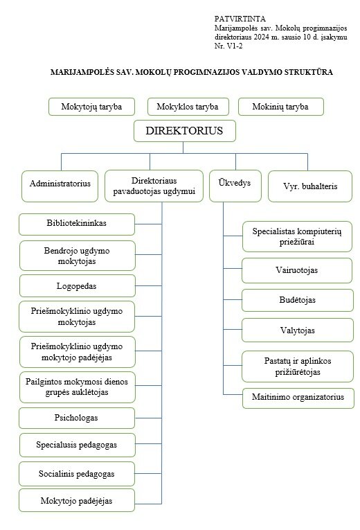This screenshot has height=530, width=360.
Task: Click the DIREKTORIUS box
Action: (x=184, y=131)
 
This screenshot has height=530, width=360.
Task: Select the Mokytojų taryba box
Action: (x=91, y=107)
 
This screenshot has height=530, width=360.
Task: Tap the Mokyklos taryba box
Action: (x=188, y=107)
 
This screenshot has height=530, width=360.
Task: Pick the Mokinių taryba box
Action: (x=280, y=107)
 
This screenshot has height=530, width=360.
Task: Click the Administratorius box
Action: (x=60, y=186)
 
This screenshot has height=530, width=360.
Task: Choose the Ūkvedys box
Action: (x=235, y=186)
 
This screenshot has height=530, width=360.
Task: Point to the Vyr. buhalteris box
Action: (x=310, y=186)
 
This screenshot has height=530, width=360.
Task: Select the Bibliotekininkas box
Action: (x=77, y=224)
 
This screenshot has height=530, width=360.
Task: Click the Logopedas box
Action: (x=78, y=286)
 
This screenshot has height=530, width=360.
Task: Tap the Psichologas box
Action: (x=77, y=418)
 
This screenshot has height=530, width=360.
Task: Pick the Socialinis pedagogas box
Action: (x=77, y=474)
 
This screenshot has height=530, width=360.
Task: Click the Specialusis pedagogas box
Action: (x=78, y=445)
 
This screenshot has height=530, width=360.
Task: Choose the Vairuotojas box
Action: (x=297, y=270)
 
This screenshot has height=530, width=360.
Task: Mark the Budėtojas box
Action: (x=298, y=300)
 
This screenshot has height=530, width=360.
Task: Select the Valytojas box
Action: (x=298, y=330)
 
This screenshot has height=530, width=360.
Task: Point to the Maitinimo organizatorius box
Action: (x=298, y=398)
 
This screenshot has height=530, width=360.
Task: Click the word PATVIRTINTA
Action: (x=240, y=19)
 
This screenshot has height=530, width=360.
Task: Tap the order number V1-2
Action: (x=235, y=46)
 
